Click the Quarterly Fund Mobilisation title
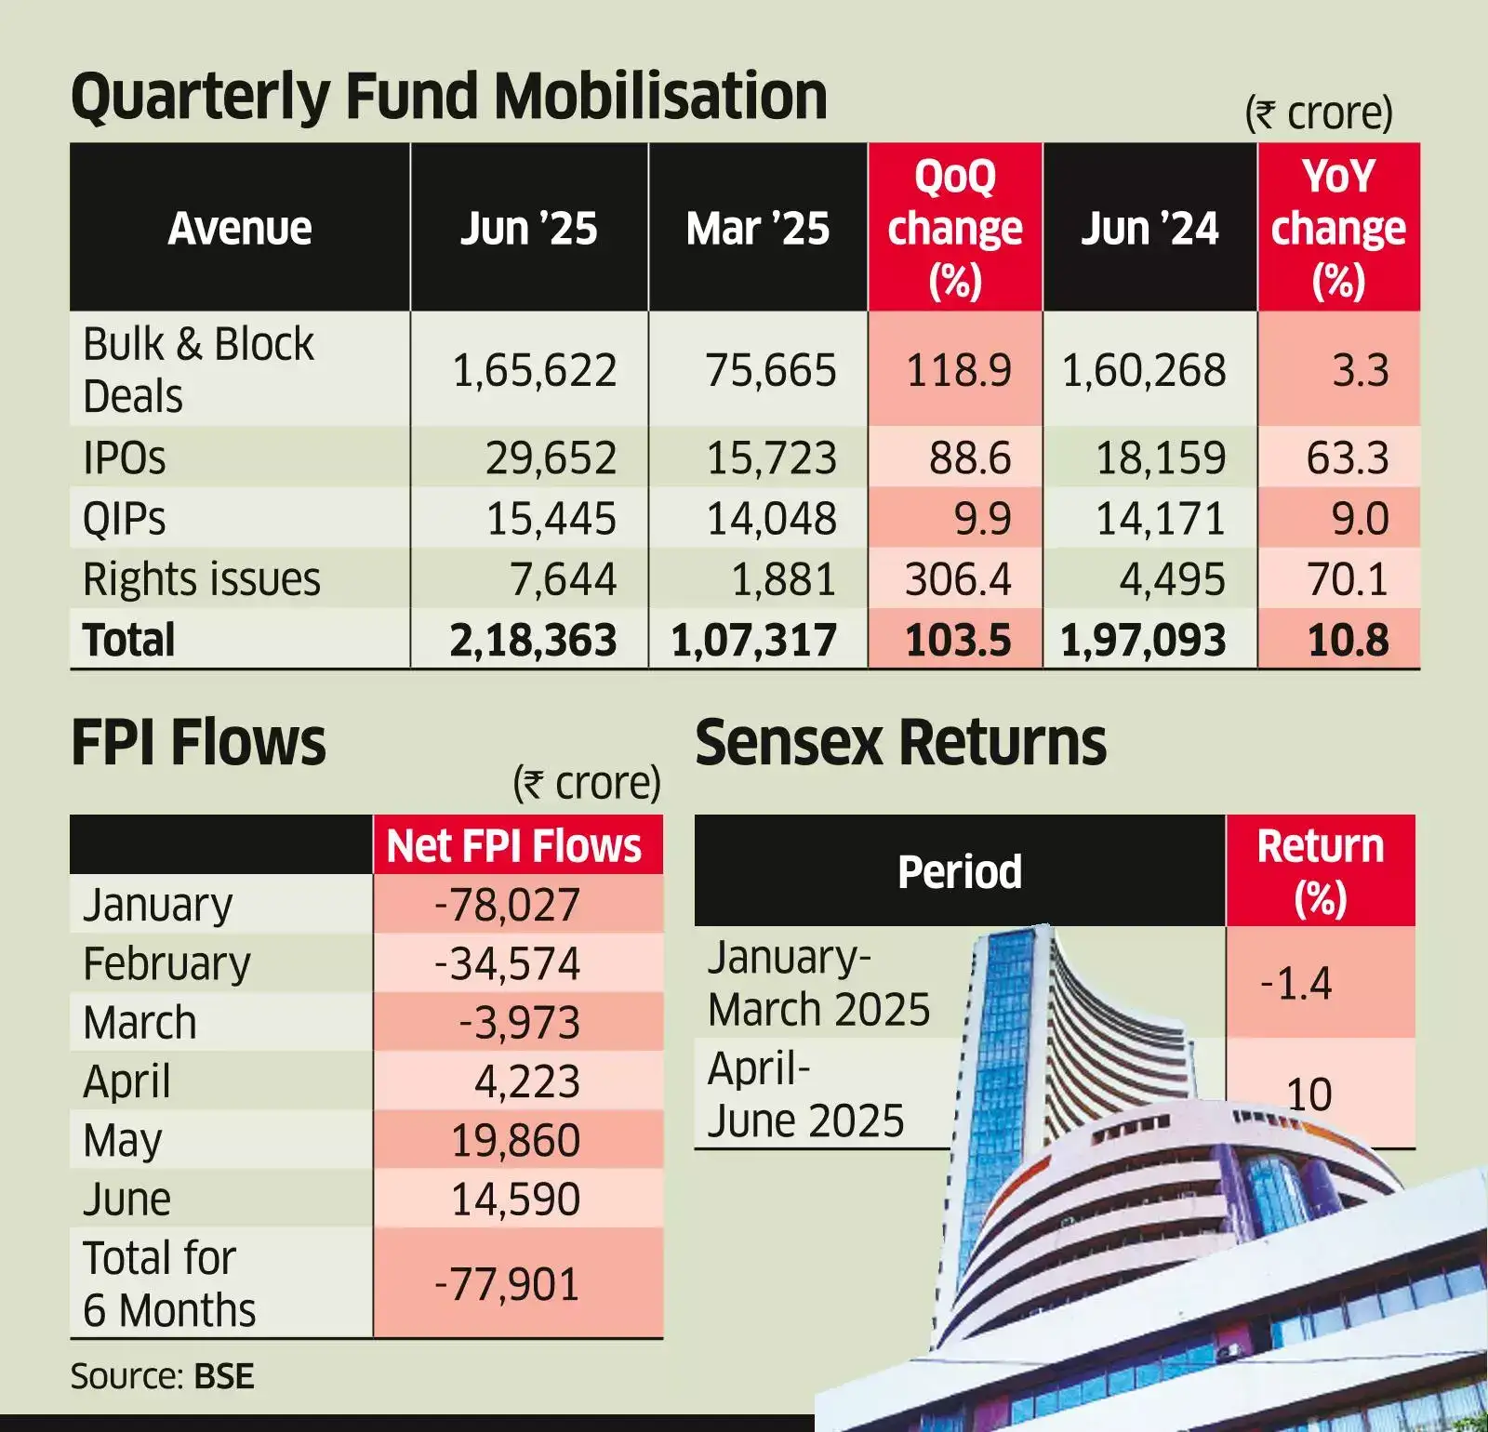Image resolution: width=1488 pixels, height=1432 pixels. click(448, 97)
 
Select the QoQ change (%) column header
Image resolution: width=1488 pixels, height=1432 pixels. click(954, 228)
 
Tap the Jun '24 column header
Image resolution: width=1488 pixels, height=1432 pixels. click(1149, 228)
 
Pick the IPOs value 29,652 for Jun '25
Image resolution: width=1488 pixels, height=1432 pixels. click(551, 457)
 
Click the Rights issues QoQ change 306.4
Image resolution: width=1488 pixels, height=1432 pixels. click(957, 579)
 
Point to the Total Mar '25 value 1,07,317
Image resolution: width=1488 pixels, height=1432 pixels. click(753, 640)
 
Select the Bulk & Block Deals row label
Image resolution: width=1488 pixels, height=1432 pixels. click(198, 369)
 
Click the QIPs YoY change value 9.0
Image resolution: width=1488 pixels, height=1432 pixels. click(1359, 518)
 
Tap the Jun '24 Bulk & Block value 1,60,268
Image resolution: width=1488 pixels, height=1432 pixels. click(1144, 370)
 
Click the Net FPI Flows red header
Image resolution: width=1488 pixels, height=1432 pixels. click(514, 846)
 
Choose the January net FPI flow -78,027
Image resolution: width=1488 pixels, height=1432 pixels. click(508, 905)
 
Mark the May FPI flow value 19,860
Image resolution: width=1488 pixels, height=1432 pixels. click(515, 1140)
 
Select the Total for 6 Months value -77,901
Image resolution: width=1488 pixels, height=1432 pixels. click(508, 1284)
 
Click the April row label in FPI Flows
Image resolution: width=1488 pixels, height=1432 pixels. click(126, 1081)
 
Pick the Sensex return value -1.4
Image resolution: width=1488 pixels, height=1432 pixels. click(1295, 983)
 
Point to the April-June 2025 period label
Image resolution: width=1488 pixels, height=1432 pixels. click(805, 1094)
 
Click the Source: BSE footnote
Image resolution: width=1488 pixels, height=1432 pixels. click(162, 1376)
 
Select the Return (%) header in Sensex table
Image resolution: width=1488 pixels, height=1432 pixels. click(1320, 871)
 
